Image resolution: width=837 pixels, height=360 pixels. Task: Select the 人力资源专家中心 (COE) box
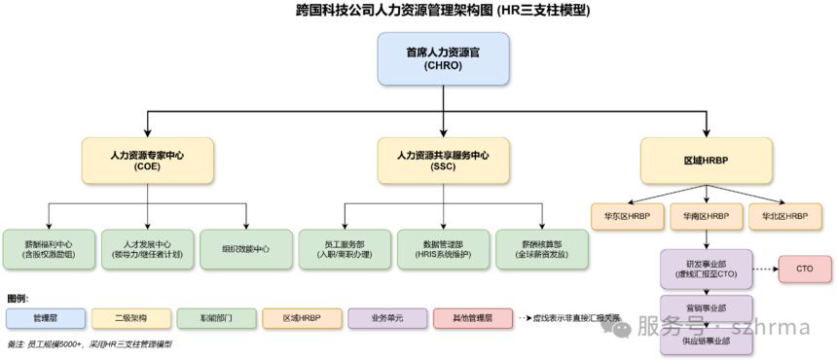pos(147,161)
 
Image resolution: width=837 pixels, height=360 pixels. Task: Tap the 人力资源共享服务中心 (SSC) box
pos(443,161)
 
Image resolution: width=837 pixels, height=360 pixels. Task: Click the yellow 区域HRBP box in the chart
pos(707,161)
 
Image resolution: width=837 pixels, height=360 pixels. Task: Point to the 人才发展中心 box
pos(147,249)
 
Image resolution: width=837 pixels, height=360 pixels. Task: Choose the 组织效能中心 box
pos(245,249)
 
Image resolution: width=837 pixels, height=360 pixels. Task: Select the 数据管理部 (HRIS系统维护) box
pos(443,249)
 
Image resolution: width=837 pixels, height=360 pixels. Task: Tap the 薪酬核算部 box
pos(541,249)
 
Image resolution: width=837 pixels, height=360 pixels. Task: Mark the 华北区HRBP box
pos(784,215)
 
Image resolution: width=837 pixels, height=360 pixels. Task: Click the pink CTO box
pos(803,269)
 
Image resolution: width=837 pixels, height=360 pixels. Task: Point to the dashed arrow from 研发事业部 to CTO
pos(764,269)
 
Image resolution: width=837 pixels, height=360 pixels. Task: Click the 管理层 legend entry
pos(46,318)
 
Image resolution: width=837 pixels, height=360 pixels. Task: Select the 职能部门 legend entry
pos(216,318)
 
